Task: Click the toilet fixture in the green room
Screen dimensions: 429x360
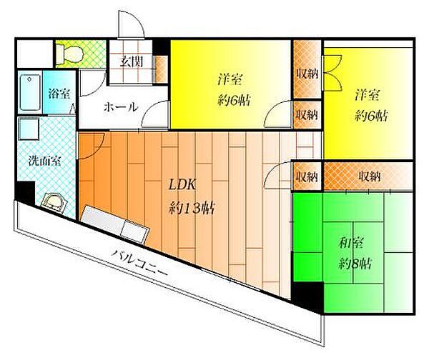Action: point(69,52)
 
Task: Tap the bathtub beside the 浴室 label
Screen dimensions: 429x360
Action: point(30,92)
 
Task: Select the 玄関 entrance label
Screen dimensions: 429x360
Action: point(132,62)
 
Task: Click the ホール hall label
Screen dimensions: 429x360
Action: point(120,107)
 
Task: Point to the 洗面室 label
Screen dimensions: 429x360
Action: point(44,161)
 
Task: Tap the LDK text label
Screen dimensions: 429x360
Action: point(182,185)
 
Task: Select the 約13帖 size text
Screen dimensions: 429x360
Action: point(191,209)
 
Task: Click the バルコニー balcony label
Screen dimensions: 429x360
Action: point(139,263)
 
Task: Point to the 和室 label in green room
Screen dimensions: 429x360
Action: point(351,243)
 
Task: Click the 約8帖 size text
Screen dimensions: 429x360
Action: point(355,264)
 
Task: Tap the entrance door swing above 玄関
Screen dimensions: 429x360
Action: point(131,24)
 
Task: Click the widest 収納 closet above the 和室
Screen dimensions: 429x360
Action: point(368,176)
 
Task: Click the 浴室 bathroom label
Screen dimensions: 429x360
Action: point(59,94)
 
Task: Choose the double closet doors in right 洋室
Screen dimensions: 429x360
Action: point(332,73)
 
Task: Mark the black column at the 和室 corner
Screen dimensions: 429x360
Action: point(307,296)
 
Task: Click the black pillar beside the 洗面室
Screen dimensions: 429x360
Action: point(25,193)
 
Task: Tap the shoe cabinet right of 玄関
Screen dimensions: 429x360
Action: point(159,69)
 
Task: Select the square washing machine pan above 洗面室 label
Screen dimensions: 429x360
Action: point(29,129)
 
